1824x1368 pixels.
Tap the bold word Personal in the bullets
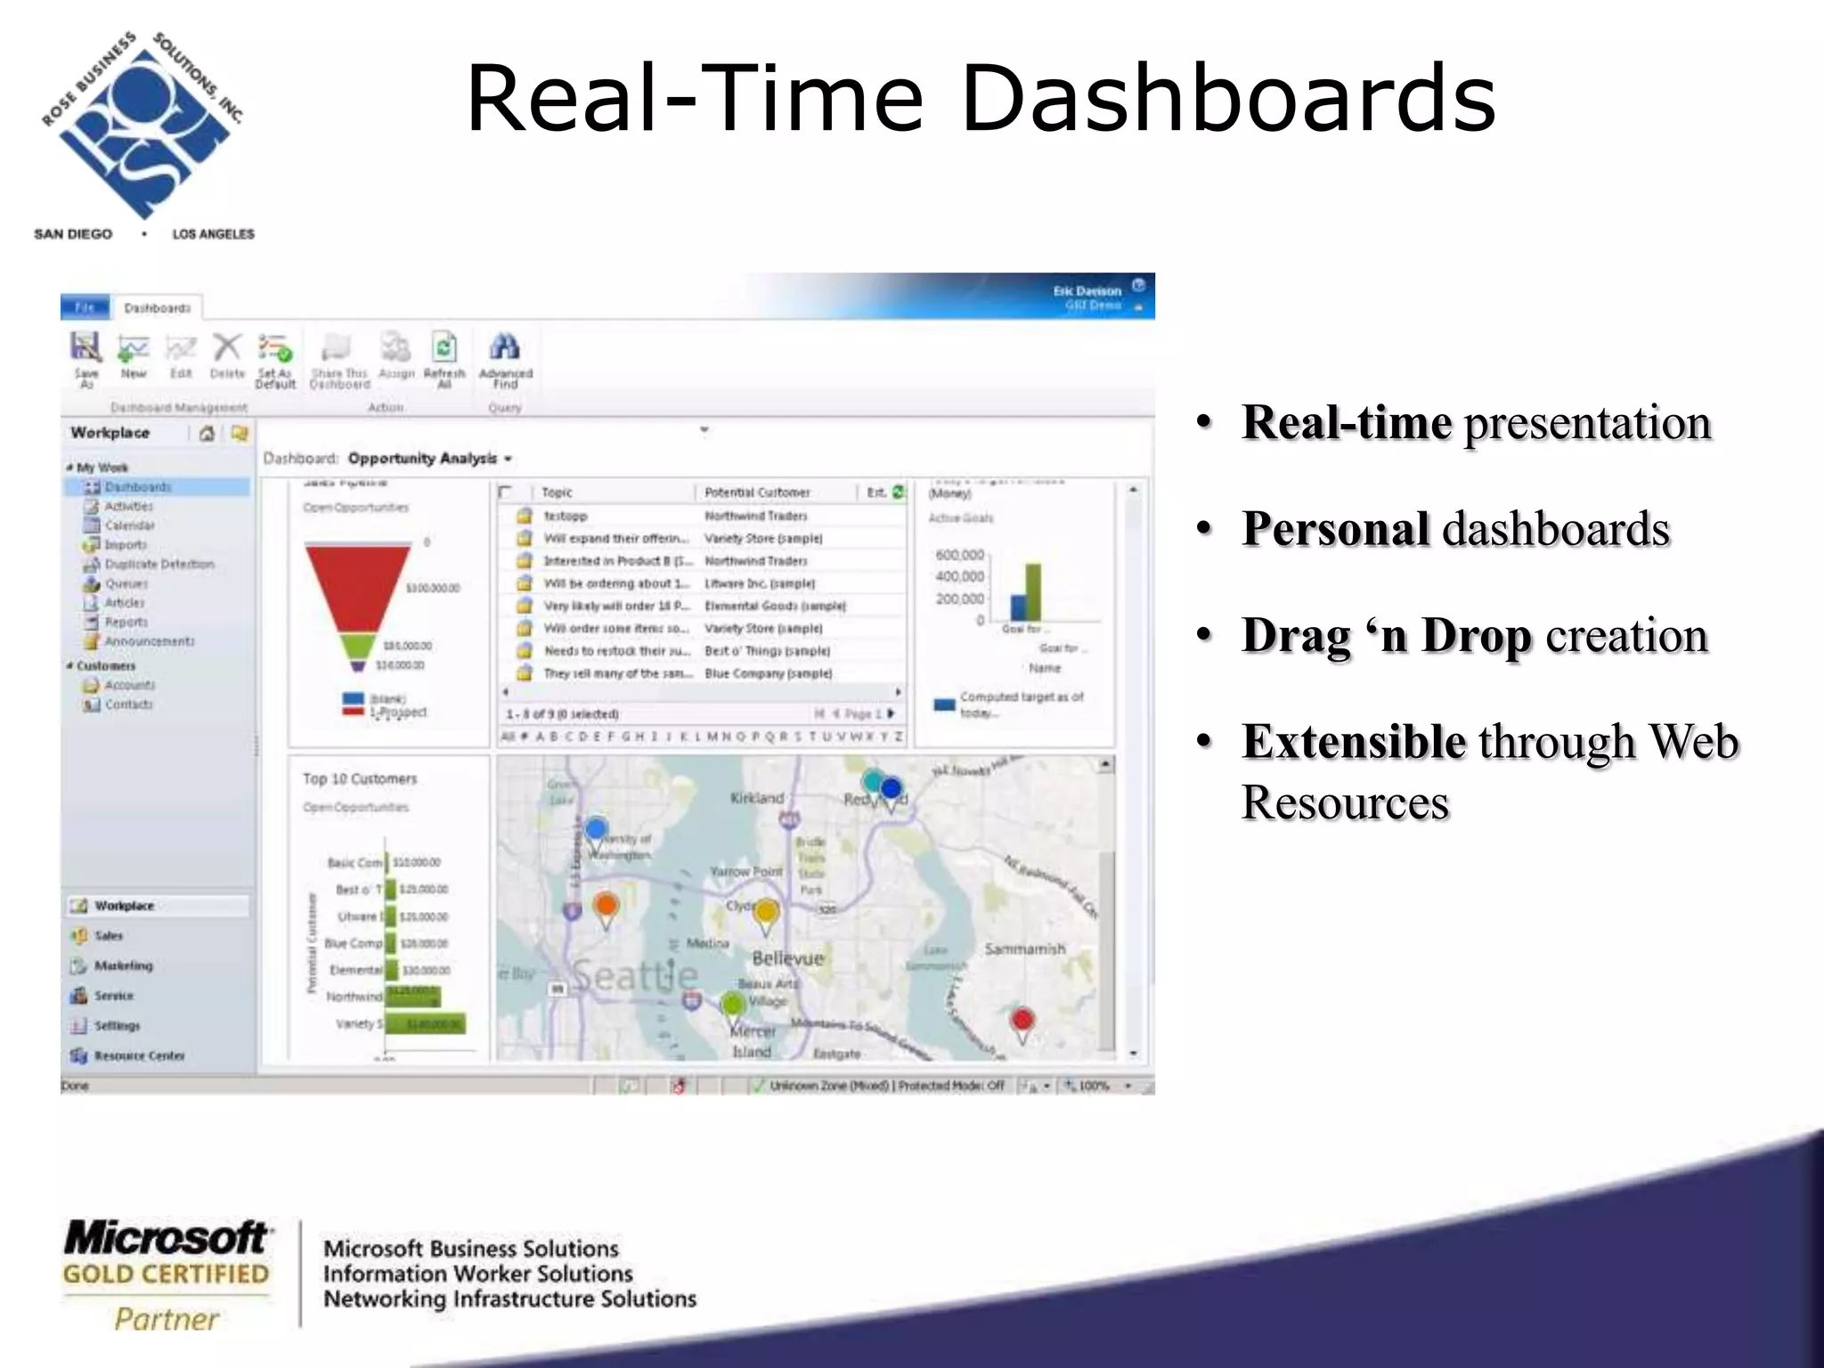coord(1335,529)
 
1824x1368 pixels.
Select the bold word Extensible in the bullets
coord(1353,742)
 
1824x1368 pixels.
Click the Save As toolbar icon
coord(86,348)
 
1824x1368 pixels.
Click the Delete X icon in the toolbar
coord(227,347)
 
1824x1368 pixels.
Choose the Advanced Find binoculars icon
coord(505,347)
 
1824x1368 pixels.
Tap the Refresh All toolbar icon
coord(444,347)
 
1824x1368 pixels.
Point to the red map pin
coord(1022,1021)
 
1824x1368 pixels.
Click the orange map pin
coord(606,908)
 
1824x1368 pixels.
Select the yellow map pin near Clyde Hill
coord(766,914)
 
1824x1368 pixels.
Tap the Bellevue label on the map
coord(787,959)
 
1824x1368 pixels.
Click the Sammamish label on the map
coord(1024,949)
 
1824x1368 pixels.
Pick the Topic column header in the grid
coord(558,493)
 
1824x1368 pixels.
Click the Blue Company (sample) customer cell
coord(768,674)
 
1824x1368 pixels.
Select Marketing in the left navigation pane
coord(123,966)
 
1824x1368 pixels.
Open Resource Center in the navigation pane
coord(139,1056)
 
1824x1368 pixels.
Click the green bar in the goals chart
coord(1033,591)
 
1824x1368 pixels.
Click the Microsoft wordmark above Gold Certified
coord(166,1238)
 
